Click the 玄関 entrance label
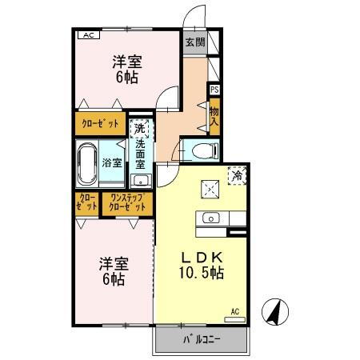click(x=195, y=42)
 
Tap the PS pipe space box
click(x=214, y=90)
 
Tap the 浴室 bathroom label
click(x=112, y=162)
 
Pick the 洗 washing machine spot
click(x=139, y=128)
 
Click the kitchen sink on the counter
click(x=211, y=217)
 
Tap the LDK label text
click(x=200, y=257)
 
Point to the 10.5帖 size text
click(x=200, y=273)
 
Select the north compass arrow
click(x=274, y=310)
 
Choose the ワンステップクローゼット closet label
click(x=128, y=203)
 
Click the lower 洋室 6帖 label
click(x=111, y=270)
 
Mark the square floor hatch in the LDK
click(x=210, y=188)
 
